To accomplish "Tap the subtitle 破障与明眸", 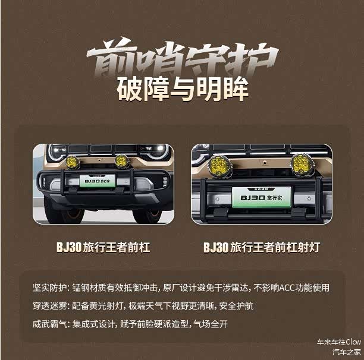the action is (x=183, y=89).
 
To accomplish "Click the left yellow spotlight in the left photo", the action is (x=73, y=162).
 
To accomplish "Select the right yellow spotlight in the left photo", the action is (x=121, y=161).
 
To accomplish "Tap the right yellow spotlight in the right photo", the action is (x=302, y=163).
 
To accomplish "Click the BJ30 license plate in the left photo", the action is (x=98, y=181).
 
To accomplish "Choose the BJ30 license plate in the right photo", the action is (x=261, y=197).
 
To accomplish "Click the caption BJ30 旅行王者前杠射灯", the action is (x=262, y=247).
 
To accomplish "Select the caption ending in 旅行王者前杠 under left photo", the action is (x=103, y=247).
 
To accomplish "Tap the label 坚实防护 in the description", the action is (x=49, y=288).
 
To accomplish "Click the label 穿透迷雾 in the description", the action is (x=49, y=306).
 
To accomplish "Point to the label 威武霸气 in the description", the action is (x=49, y=324).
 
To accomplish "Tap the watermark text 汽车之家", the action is (x=347, y=352).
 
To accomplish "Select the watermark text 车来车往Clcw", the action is (x=339, y=342).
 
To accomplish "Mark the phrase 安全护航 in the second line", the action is (x=236, y=306).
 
